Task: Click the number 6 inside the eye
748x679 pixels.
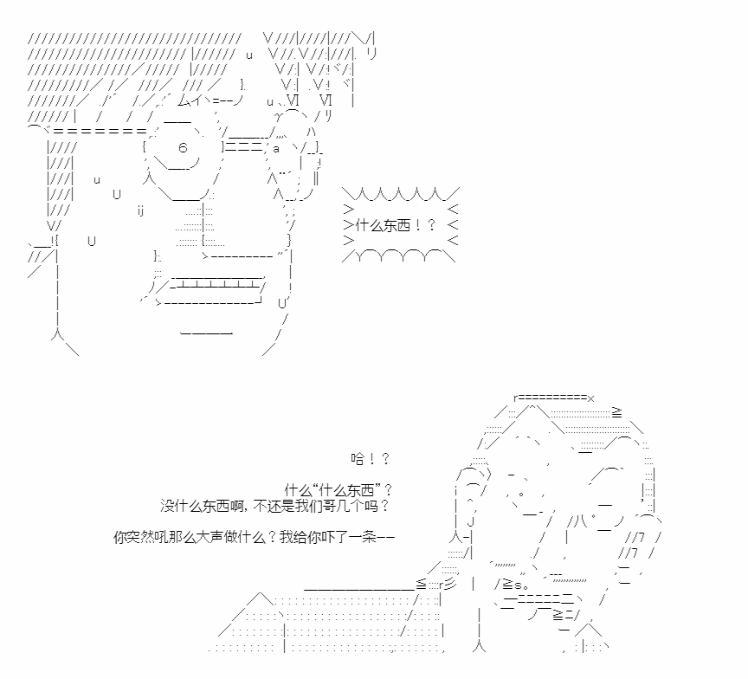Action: [183, 147]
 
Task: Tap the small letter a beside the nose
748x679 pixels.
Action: [275, 149]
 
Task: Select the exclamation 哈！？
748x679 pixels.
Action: [371, 459]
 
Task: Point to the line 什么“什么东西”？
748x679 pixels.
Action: [339, 490]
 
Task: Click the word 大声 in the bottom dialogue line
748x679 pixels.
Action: [210, 537]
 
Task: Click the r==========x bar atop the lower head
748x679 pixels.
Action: [554, 398]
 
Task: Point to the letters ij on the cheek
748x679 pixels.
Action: [141, 210]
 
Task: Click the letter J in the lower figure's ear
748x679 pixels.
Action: [470, 521]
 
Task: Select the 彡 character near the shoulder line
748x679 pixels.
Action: [451, 583]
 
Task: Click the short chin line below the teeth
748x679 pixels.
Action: [207, 333]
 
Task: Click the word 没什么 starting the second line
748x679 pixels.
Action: [181, 505]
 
